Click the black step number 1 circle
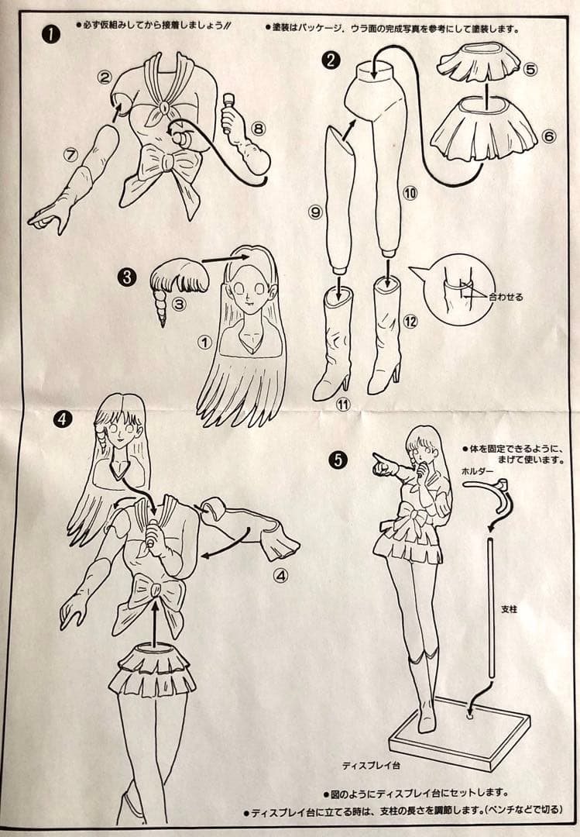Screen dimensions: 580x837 50,34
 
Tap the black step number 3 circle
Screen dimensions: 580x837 127,277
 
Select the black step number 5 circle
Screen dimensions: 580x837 338,460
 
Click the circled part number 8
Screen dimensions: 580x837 258,128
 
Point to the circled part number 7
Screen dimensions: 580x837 70,154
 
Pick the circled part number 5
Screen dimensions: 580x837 530,70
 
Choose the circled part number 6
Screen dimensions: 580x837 548,136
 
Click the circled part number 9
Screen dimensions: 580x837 315,212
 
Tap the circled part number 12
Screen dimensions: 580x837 410,322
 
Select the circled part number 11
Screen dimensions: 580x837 343,405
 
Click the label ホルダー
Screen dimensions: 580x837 478,471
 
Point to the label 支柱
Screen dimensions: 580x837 509,608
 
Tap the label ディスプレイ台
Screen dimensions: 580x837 372,766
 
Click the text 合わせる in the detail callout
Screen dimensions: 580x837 506,297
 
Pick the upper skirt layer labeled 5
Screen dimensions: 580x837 479,62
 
